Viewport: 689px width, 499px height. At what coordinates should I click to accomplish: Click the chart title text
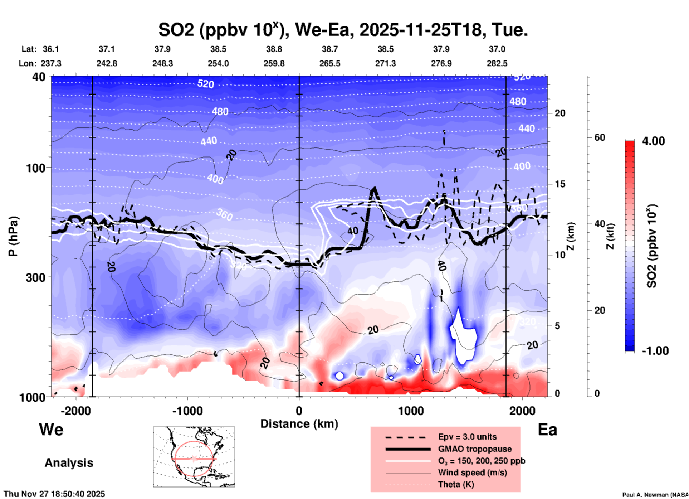coord(343,30)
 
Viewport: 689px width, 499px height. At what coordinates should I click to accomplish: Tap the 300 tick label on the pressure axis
coord(36,277)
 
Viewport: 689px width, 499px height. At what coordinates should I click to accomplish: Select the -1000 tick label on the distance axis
coord(187,411)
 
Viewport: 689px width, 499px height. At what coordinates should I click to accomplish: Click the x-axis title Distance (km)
coord(299,424)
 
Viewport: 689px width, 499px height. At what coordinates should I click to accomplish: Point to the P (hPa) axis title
coord(13,236)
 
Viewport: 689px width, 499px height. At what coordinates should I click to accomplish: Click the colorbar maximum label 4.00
coord(653,141)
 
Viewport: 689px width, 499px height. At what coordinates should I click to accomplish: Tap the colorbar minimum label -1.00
coord(655,351)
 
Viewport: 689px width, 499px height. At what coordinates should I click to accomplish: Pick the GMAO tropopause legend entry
coord(475,449)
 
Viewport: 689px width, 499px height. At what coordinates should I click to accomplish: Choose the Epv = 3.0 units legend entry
coord(467,437)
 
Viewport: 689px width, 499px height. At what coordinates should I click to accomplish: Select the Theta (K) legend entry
coord(456,484)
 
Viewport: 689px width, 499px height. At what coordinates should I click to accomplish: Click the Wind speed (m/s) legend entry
coord(472,473)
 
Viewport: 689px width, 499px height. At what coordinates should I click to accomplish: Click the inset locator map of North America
coord(194,456)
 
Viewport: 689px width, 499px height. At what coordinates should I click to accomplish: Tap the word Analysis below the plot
coord(69,463)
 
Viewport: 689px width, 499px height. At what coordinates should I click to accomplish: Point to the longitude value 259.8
coord(274,63)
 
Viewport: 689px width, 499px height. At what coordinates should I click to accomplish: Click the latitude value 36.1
coord(51,49)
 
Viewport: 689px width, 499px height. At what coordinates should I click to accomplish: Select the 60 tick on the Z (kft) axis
coord(600,138)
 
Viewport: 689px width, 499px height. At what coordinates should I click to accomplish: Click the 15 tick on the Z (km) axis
coord(560,184)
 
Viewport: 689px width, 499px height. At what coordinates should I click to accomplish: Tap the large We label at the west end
coord(51,430)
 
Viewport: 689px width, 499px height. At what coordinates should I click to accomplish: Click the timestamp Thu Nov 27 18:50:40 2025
coord(54,494)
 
